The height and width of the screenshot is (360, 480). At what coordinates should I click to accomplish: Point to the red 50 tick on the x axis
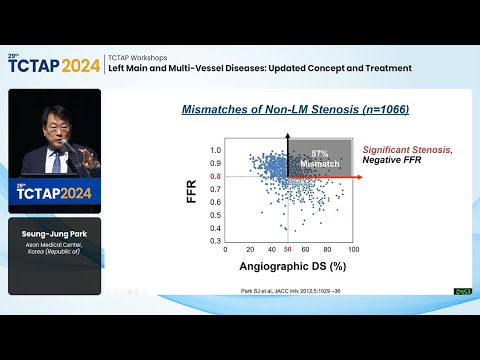pyautogui.click(x=288, y=248)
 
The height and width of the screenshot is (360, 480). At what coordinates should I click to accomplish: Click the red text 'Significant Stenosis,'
pyautogui.click(x=407, y=150)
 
